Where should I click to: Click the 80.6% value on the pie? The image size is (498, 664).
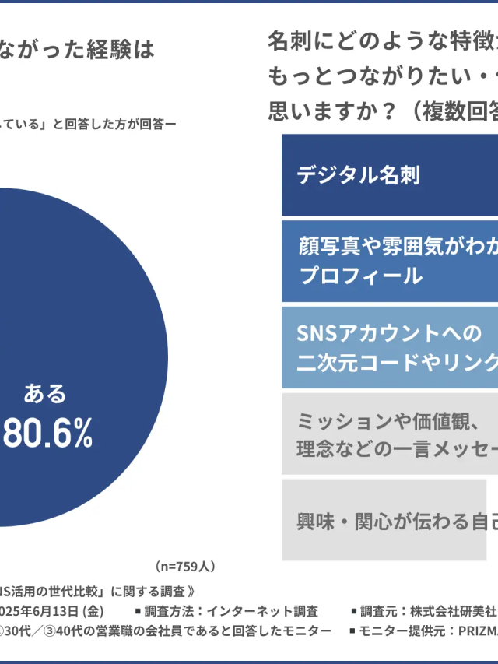[x=48, y=435]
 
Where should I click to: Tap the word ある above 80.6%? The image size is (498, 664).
[x=45, y=394]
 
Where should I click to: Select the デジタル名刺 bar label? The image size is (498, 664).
[x=359, y=174]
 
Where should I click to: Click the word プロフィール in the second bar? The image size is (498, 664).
[x=360, y=276]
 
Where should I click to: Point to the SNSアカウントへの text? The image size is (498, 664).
[x=390, y=333]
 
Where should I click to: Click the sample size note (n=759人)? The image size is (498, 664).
[x=185, y=566]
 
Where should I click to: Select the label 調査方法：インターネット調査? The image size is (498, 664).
[x=226, y=611]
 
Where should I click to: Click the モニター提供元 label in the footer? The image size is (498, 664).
[x=412, y=630]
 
